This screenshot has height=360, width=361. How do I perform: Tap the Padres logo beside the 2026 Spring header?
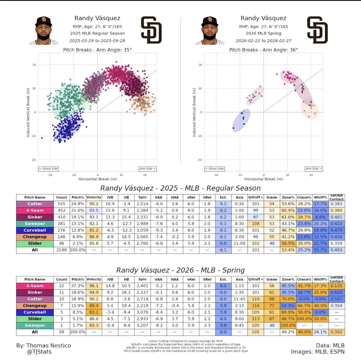pyautogui.click(x=317, y=30)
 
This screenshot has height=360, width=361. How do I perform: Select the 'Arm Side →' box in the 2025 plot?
pyautogui.click(x=147, y=169)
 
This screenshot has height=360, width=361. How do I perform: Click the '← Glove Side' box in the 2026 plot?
pyautogui.click(x=214, y=169)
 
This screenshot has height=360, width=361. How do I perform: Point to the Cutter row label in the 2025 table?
pyautogui.click(x=35, y=204)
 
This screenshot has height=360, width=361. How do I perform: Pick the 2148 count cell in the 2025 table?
pyautogui.click(x=62, y=250)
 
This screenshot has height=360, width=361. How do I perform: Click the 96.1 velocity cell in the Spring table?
pyautogui.click(x=94, y=286)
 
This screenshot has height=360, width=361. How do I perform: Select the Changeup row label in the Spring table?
pyautogui.click(x=35, y=306)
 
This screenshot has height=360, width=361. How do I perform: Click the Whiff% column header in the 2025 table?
pyautogui.click(x=320, y=197)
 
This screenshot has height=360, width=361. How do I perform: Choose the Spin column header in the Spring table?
pyautogui.click(x=142, y=280)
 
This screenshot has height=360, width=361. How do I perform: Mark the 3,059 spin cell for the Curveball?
pyautogui.click(x=142, y=230)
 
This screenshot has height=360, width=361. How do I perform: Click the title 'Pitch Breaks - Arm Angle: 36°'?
pyautogui.click(x=263, y=50)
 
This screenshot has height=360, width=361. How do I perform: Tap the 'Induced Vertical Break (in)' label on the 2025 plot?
pyautogui.click(x=28, y=112)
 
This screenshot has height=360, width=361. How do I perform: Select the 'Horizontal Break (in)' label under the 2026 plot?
pyautogui.click(x=264, y=179)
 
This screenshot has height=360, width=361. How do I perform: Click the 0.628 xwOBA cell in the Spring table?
pyautogui.click(x=337, y=292)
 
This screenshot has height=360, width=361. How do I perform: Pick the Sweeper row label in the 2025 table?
pyautogui.click(x=35, y=224)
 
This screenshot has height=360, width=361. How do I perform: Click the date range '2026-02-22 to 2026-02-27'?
pyautogui.click(x=263, y=41)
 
